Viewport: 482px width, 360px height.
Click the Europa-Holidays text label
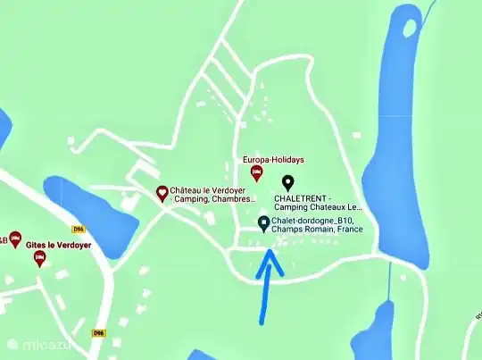point(274,159)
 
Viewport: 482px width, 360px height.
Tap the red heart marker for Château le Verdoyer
point(162,192)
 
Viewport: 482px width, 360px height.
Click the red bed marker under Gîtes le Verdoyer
point(39,258)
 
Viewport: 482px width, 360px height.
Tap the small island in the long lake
point(411,28)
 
